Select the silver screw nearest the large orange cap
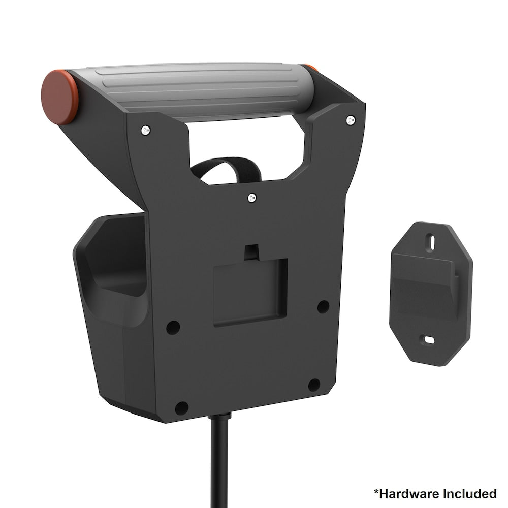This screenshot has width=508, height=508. (145, 130)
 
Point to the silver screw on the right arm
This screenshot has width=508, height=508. (351, 120)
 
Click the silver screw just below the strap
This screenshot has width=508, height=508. (252, 198)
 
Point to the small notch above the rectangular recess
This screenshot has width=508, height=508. (251, 252)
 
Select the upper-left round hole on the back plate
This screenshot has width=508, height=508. (173, 327)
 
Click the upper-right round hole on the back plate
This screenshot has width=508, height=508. (323, 306)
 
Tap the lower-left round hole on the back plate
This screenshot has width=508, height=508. (181, 407)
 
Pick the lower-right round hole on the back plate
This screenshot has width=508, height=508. (314, 385)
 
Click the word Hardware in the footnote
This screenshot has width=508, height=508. (409, 493)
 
